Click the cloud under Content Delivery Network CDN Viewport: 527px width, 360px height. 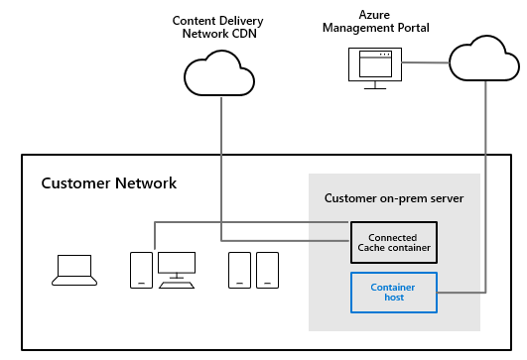218,75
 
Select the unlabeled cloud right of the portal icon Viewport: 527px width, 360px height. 483,60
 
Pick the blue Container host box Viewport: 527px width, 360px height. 392,292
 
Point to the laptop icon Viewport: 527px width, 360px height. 73,270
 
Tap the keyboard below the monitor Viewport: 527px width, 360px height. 178,285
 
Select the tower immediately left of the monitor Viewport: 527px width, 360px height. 142,270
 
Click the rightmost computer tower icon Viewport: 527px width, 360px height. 266,270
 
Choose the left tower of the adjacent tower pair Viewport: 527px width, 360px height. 238,270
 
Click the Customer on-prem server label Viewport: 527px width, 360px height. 394,198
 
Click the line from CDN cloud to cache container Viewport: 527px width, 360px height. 220,169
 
